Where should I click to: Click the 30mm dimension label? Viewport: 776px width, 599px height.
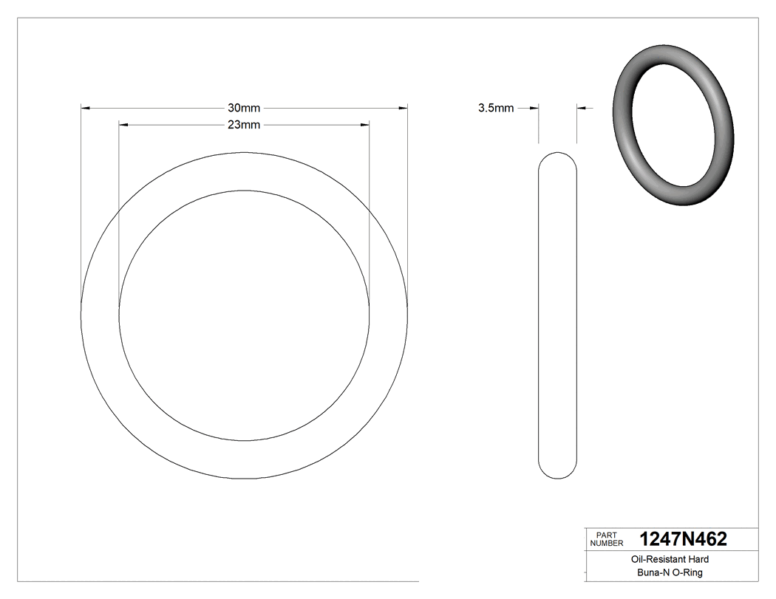click(244, 108)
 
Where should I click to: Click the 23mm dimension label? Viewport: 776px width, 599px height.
click(244, 125)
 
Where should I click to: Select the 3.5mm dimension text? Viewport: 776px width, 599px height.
click(495, 108)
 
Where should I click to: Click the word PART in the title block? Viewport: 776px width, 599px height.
click(606, 535)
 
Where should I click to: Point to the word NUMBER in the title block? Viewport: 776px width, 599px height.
click(607, 543)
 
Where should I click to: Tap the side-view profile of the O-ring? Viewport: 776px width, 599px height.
click(557, 315)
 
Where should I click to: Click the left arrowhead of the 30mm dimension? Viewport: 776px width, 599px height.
click(86, 109)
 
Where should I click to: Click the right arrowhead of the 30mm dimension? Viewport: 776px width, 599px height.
click(403, 109)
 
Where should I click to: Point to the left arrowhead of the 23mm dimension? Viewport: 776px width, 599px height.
click(124, 125)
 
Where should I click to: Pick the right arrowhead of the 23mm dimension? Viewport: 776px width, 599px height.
click(364, 125)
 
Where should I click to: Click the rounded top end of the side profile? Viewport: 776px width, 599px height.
click(557, 158)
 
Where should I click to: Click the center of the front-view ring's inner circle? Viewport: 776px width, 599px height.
click(244, 316)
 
